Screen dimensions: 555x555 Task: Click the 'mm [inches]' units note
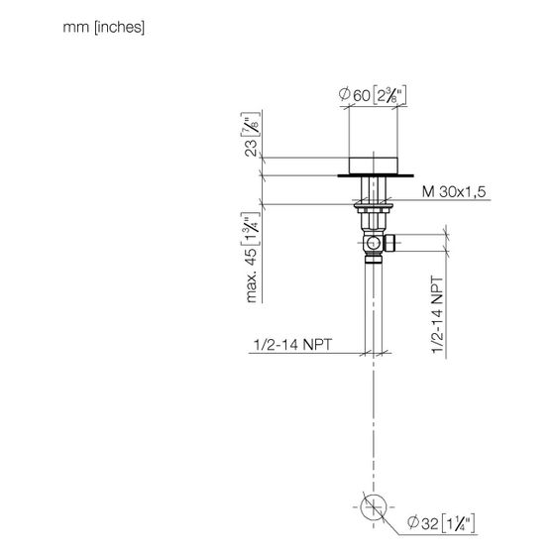coord(104,28)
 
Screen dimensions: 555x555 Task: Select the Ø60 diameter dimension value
coord(355,95)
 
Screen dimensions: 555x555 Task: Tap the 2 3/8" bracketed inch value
coord(389,95)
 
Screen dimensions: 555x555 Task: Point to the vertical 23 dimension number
coord(251,148)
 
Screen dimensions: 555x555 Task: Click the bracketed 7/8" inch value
coord(250,124)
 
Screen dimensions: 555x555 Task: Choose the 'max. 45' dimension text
coord(251,276)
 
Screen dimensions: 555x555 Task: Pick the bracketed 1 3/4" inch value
coord(250,229)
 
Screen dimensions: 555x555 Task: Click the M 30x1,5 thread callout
coord(454,192)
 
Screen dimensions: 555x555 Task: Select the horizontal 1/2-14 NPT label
coord(292,345)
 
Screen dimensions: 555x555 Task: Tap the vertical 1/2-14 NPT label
coord(437,314)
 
